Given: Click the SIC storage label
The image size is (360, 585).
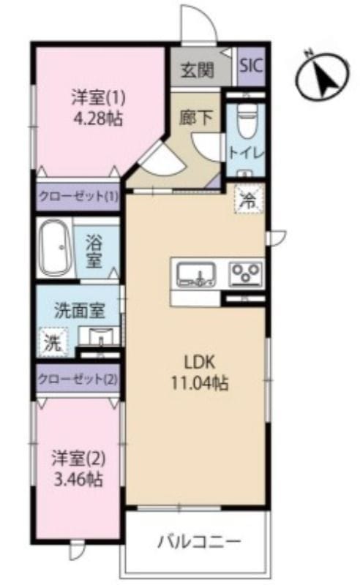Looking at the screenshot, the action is [251, 66].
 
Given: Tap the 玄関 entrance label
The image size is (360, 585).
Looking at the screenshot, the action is [197, 69].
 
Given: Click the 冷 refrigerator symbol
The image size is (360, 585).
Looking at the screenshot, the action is [249, 201].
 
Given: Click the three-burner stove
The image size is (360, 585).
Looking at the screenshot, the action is [245, 273].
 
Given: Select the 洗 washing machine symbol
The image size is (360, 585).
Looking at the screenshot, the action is [53, 341].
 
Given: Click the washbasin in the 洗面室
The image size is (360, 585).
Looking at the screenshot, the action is [99, 336].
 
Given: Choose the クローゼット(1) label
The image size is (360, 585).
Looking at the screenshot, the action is [78, 196].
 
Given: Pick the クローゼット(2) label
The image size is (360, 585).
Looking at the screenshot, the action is [78, 380].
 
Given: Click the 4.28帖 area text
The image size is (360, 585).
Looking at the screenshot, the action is [98, 120].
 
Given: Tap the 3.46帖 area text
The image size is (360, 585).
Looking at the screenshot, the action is [78, 479].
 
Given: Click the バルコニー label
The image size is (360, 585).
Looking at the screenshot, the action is [199, 541].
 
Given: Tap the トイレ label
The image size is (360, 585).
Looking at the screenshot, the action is [247, 153].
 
